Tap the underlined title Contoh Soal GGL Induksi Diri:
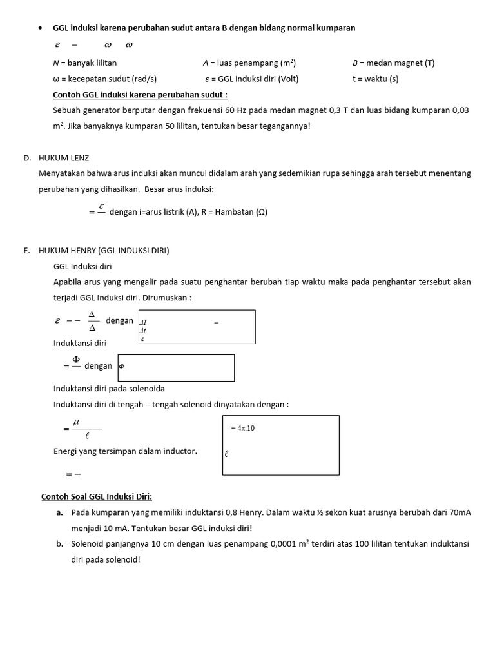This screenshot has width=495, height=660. click(x=97, y=496)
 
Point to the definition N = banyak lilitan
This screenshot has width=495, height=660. click(x=84, y=63)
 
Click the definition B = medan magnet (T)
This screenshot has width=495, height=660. click(x=393, y=63)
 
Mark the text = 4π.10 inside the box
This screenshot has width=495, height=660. click(x=243, y=428)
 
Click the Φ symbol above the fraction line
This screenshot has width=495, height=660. click(x=75, y=359)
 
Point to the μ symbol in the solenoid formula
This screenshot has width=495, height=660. click(x=75, y=422)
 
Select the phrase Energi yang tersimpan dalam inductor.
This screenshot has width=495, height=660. click(x=125, y=451)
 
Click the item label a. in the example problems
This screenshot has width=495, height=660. click(x=59, y=512)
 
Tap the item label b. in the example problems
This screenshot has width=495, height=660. click(x=59, y=543)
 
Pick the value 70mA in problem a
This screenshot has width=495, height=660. click(x=459, y=512)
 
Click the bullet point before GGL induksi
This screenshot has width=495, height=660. click(x=41, y=28)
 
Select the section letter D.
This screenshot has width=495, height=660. click(x=26, y=157)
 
